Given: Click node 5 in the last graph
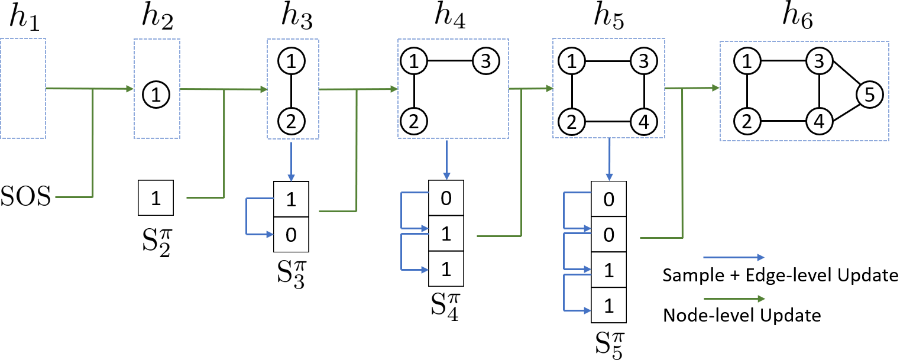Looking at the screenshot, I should [x=869, y=95].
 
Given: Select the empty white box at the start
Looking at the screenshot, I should [x=22, y=88].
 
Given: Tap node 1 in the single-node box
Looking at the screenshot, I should [x=157, y=95].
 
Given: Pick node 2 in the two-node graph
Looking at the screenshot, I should [x=292, y=121].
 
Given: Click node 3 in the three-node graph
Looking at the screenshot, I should [x=485, y=60].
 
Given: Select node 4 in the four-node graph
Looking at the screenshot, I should [x=643, y=121].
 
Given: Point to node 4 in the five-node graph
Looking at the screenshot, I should [x=819, y=121].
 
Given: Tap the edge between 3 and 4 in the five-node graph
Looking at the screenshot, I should [x=819, y=91].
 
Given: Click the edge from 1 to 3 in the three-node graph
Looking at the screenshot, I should [x=449, y=60].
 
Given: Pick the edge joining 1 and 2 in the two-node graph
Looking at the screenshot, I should [x=292, y=91].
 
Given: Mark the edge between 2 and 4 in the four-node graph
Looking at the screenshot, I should [x=608, y=121].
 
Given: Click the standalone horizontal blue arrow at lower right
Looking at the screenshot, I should [x=733, y=258].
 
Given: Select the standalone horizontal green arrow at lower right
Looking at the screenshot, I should [x=733, y=299].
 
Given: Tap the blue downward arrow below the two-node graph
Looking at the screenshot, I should [x=291, y=160].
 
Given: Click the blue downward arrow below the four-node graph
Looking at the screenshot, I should [x=609, y=160].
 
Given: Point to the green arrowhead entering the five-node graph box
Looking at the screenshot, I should [x=715, y=88].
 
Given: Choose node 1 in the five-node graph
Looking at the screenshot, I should [x=747, y=60].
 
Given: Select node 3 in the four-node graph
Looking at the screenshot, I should [x=643, y=60].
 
